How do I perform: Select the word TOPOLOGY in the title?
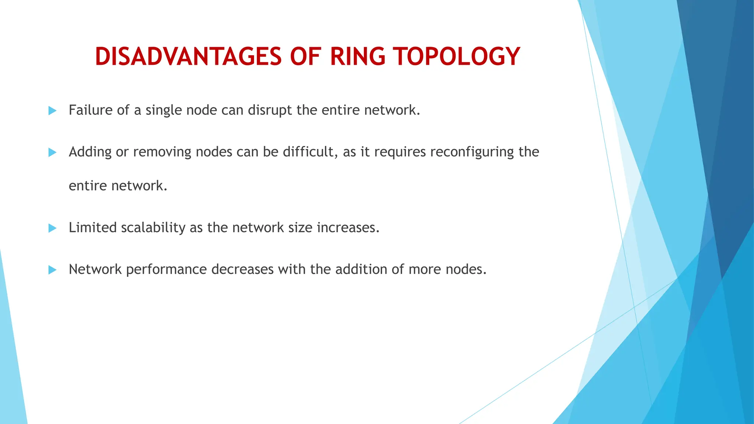tap(457, 57)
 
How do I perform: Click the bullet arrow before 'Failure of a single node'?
tap(53, 110)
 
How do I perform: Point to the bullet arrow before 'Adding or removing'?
tap(53, 152)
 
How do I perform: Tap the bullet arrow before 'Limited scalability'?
tap(53, 228)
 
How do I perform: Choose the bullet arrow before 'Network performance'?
tap(53, 270)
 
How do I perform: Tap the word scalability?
tap(153, 228)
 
